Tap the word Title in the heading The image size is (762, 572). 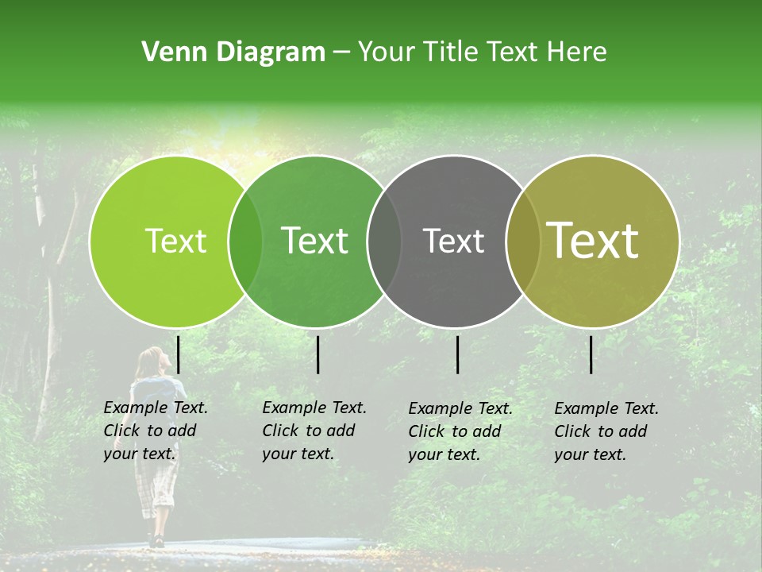pos(452,52)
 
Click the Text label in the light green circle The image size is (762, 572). pos(176,241)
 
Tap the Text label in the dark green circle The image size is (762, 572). pos(315,241)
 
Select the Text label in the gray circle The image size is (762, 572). pos(454,241)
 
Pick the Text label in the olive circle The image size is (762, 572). pos(593,241)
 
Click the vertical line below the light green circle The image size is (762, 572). pos(179,354)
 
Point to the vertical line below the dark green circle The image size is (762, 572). pos(317,354)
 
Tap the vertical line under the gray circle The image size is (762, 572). pos(458,354)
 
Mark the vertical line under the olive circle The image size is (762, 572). pos(591,354)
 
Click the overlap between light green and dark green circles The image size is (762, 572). pos(245,242)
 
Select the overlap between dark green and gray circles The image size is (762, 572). pos(384,242)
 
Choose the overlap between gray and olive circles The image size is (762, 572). pos(522,242)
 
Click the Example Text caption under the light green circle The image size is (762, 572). pos(156,431)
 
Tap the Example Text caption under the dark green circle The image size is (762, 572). pos(314,431)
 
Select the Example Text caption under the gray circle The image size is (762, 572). pos(460,431)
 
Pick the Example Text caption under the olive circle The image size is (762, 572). pos(606,431)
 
